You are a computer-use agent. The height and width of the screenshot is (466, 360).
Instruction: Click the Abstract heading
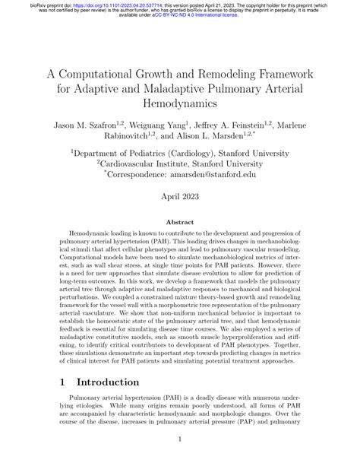click(x=180, y=242)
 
